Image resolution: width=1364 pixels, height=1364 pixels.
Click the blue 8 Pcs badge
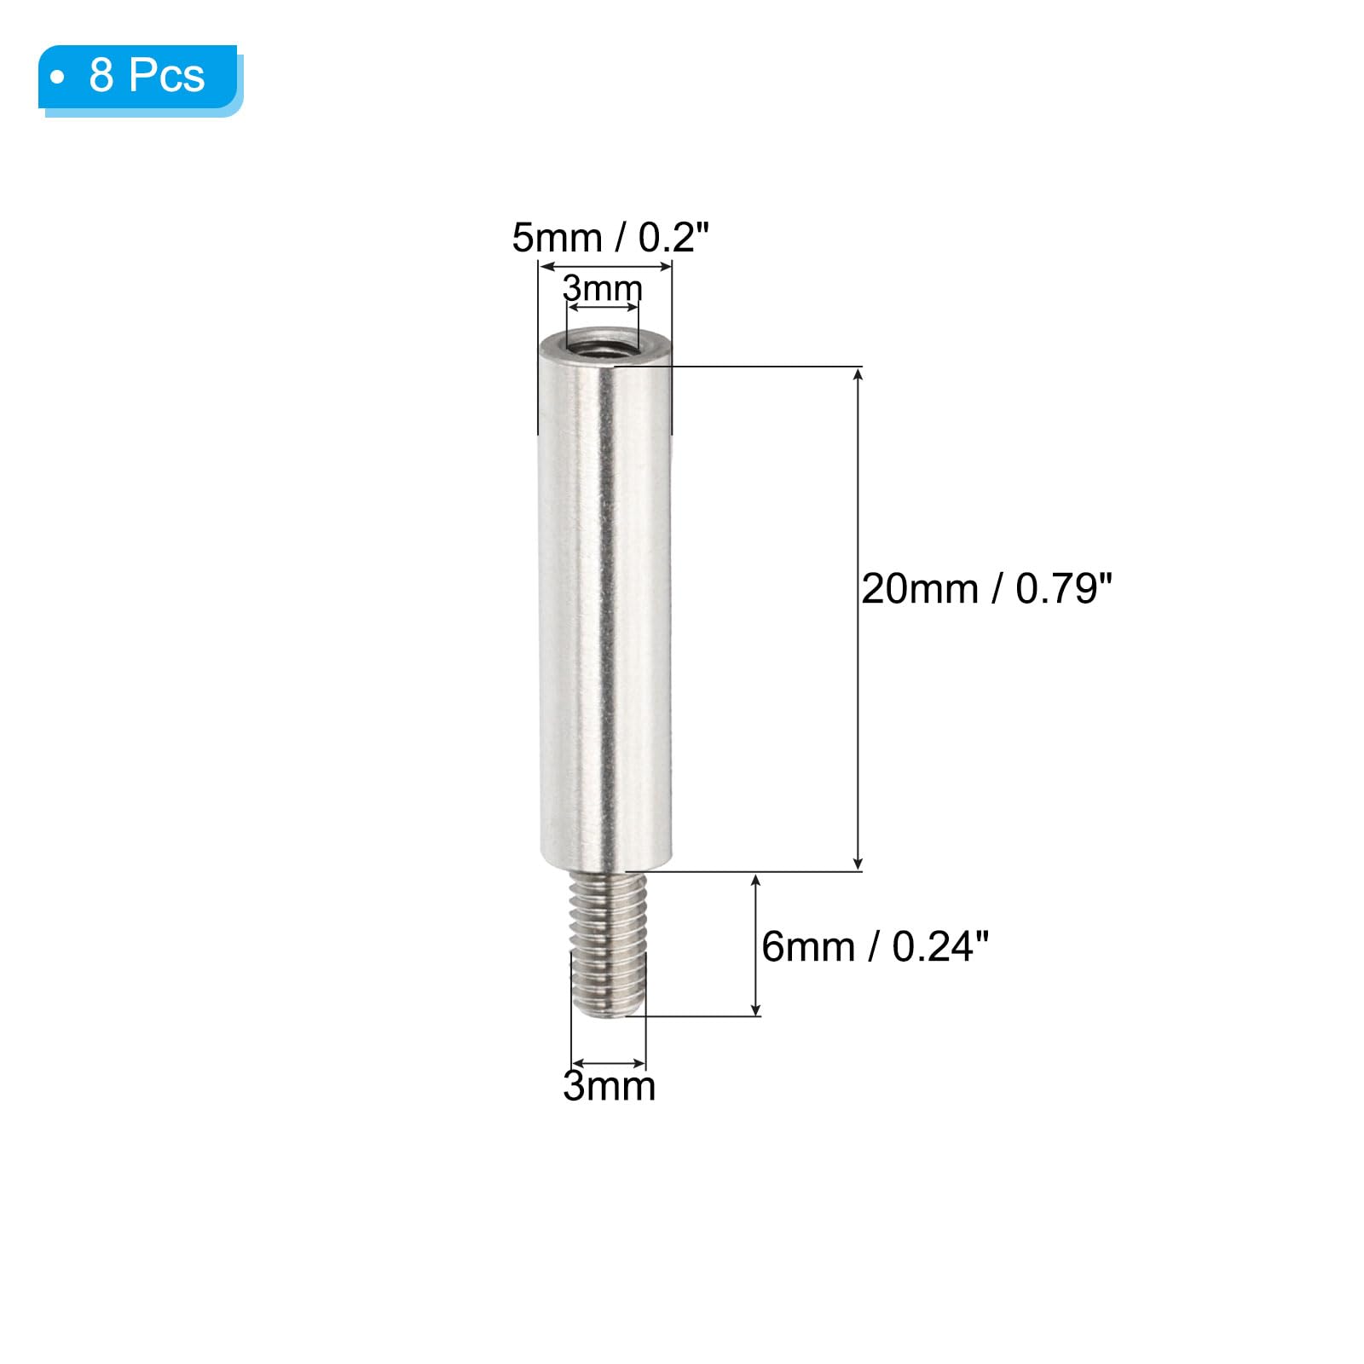point(139,78)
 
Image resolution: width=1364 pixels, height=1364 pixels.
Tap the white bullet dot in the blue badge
point(58,78)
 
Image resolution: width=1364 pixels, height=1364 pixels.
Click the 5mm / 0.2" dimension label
point(610,237)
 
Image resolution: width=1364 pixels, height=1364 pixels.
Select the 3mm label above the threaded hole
point(603,288)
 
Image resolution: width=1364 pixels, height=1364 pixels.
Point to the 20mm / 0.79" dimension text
point(986,589)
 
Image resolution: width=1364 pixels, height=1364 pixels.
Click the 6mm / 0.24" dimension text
point(875,947)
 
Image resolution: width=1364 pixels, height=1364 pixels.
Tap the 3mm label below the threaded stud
point(609,1086)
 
